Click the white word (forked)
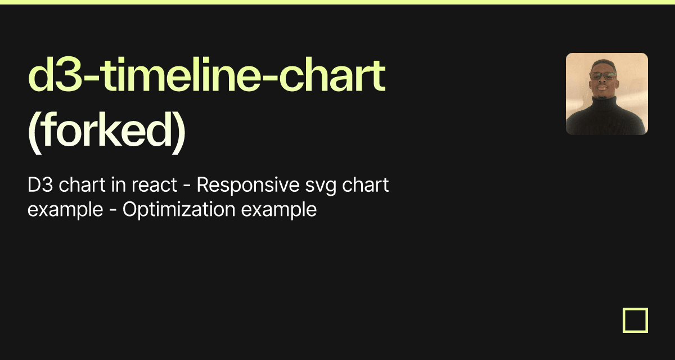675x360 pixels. click(x=106, y=130)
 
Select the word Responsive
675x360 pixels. click(x=245, y=185)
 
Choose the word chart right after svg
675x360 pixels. click(x=364, y=185)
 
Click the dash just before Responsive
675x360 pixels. click(x=187, y=186)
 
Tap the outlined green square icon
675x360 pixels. click(x=635, y=320)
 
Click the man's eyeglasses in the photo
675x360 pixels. click(x=603, y=75)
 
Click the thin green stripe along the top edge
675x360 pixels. click(x=337, y=2)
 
